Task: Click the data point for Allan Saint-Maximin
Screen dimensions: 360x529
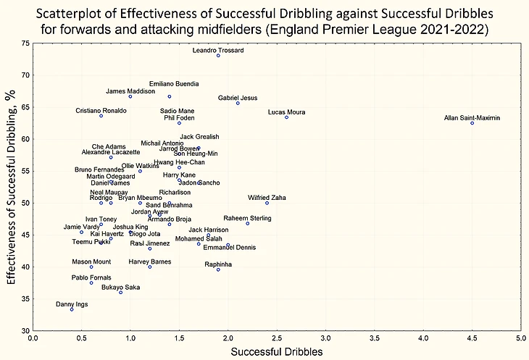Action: coord(472,123)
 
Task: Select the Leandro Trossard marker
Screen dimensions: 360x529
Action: coord(218,56)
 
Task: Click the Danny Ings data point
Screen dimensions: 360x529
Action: coord(72,309)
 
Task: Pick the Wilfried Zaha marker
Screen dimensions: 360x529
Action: coord(267,203)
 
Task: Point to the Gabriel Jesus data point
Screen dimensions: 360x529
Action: coord(238,104)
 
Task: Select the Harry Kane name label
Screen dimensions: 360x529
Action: coord(179,175)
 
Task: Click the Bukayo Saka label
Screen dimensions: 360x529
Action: coord(120,287)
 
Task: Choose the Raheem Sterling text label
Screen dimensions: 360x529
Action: coord(247,218)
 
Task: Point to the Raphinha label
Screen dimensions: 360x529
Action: coord(218,264)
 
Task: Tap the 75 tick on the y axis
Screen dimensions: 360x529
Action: coord(25,43)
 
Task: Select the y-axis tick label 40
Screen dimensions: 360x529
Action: coord(25,267)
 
